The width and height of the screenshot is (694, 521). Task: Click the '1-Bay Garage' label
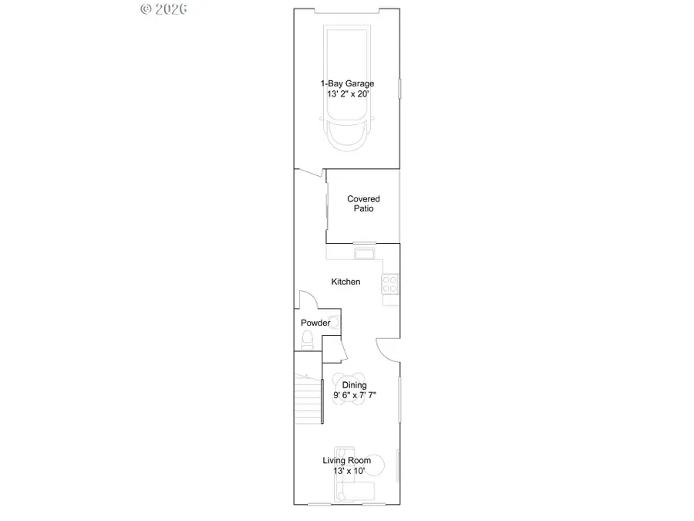tap(346, 83)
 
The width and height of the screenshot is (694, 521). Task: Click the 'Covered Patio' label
tap(363, 204)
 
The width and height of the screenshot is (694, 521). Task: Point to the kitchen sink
tap(363, 253)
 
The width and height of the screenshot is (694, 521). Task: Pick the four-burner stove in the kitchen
tap(391, 284)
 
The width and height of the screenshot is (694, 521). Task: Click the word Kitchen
tap(345, 282)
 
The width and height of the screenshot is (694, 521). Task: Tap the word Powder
tap(315, 323)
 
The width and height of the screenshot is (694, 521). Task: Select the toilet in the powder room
tap(307, 339)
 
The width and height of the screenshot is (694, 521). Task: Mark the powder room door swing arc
tap(306, 299)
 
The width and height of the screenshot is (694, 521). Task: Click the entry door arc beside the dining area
tap(386, 349)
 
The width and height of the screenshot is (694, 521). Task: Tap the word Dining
tap(354, 385)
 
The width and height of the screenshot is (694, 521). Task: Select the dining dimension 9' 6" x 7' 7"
tap(354, 395)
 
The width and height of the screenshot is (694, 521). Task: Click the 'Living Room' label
tap(346, 461)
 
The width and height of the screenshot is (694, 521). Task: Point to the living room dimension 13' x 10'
tap(346, 471)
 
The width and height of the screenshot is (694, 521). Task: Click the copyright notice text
tap(164, 8)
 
